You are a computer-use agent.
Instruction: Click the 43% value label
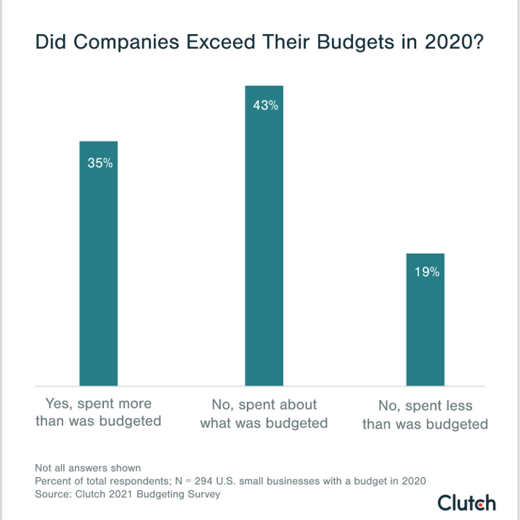coord(265,105)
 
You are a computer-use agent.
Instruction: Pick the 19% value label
coord(426,272)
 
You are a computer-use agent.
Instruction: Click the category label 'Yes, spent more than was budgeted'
coord(98,413)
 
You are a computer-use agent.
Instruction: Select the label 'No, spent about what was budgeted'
coord(264,413)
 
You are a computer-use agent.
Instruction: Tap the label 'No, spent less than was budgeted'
coord(426,415)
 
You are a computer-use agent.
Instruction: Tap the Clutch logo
coord(467,503)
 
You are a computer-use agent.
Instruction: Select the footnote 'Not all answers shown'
coord(87,467)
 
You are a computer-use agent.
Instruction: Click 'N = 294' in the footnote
coord(190,480)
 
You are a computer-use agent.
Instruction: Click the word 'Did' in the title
coord(49,42)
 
